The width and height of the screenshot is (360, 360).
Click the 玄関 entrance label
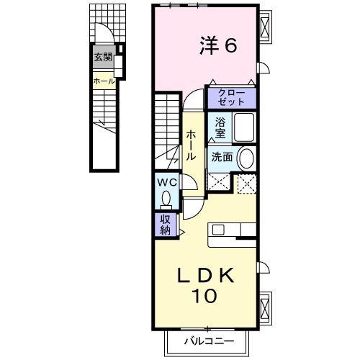click(103, 57)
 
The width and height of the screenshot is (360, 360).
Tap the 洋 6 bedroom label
click(218, 45)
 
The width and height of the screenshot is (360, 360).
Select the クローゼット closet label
click(231, 97)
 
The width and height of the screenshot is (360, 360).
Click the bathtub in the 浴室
click(244, 127)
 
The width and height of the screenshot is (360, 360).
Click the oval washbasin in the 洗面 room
click(246, 158)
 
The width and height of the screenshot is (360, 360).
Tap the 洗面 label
click(222, 157)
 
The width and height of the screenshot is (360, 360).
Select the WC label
click(167, 183)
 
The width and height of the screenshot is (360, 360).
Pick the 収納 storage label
click(166, 225)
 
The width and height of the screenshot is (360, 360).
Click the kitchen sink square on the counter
click(218, 230)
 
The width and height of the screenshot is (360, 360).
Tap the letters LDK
click(206, 276)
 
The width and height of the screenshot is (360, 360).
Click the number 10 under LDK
click(204, 296)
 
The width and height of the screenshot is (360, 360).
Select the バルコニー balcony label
click(209, 341)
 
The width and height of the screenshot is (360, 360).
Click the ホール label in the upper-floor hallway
click(192, 145)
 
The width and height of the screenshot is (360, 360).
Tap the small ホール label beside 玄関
click(104, 81)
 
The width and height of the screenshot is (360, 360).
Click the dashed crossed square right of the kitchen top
click(246, 184)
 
